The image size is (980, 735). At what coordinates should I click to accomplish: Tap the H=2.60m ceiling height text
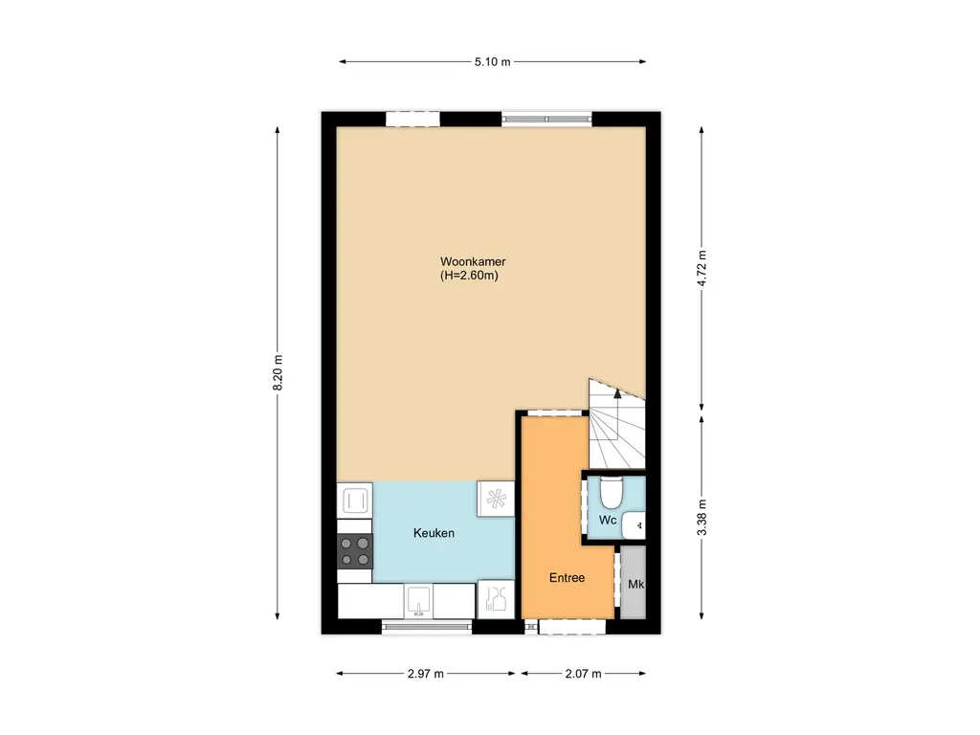click(469, 276)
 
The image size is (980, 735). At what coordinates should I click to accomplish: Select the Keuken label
click(434, 533)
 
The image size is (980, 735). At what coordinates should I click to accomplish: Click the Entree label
click(567, 578)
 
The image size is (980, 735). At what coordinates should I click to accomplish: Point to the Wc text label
click(607, 520)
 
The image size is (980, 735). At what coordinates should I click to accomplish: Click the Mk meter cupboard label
click(635, 584)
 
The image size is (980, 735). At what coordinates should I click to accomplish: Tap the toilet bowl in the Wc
click(612, 492)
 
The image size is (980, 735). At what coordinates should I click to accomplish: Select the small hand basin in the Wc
click(634, 524)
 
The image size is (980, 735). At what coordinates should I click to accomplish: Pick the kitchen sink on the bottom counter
click(417, 601)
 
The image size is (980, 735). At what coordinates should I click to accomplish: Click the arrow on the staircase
click(616, 392)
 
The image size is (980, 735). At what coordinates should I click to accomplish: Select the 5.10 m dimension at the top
click(493, 62)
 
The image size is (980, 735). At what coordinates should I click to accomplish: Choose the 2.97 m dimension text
click(426, 674)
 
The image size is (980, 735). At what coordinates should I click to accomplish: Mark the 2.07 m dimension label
click(583, 674)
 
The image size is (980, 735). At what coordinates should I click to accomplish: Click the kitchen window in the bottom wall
click(427, 627)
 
